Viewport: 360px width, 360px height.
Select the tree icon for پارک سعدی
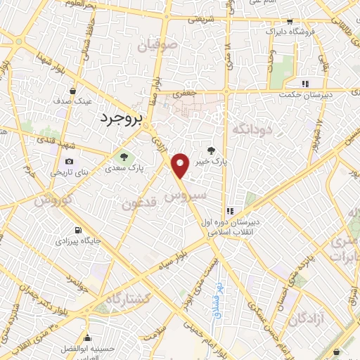tap(124, 157)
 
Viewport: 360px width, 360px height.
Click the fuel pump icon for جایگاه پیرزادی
tap(77, 230)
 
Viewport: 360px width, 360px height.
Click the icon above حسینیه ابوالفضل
tap(86, 336)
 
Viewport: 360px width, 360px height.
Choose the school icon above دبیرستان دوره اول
tap(229, 211)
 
